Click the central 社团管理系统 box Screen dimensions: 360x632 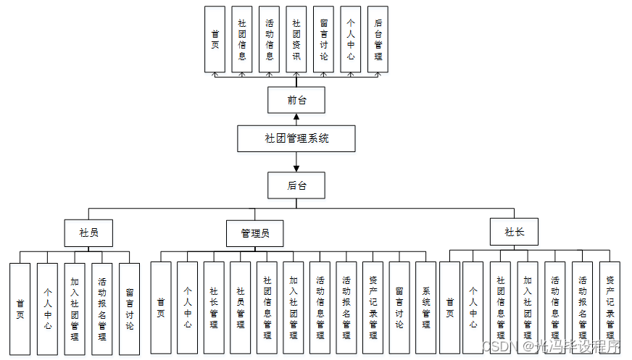click(x=296, y=138)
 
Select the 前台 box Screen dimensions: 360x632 click(x=296, y=100)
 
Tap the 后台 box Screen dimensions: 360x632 click(x=296, y=185)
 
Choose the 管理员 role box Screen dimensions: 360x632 click(x=255, y=233)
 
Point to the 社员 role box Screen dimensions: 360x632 click(x=90, y=233)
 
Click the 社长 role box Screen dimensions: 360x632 click(x=514, y=232)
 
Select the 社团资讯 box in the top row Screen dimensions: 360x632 click(x=296, y=39)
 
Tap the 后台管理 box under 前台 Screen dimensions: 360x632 click(x=378, y=39)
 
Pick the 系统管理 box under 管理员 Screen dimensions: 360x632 click(x=426, y=308)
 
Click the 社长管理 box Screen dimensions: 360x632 click(x=214, y=308)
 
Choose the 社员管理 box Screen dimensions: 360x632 click(x=241, y=308)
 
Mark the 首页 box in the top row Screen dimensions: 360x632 click(x=215, y=39)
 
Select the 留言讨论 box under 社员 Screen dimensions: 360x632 click(x=129, y=308)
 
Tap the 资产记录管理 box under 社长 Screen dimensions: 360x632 click(x=610, y=308)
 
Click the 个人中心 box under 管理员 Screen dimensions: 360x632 click(x=187, y=308)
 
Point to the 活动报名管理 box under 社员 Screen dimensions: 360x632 click(x=102, y=308)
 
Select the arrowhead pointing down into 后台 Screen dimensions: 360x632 click(x=296, y=168)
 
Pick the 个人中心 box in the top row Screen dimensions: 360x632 click(x=351, y=39)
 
